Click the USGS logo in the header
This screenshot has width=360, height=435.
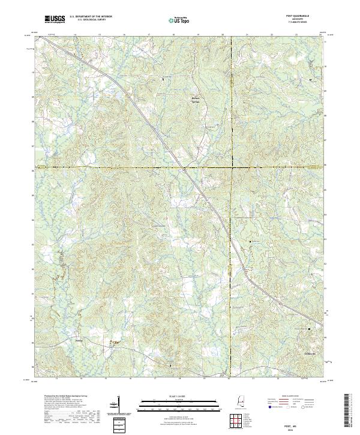[x=55, y=20]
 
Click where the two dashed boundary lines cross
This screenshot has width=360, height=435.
[x=230, y=167]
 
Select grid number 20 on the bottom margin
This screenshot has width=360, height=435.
[x=229, y=379]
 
